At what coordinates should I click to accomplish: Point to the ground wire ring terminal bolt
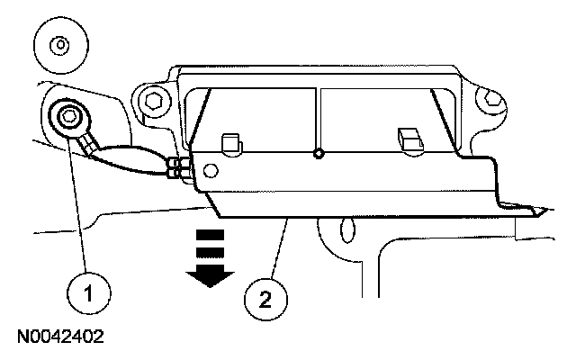[68, 116]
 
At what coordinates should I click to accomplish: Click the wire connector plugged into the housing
[179, 166]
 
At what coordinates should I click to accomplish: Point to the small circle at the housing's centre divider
[318, 154]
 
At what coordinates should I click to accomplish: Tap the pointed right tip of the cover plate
[543, 212]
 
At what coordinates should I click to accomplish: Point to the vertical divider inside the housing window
[318, 117]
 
